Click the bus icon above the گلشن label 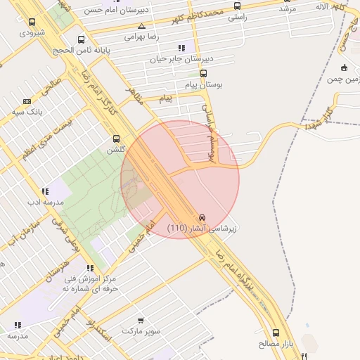click(x=117, y=139)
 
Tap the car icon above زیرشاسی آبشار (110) click(x=202, y=217)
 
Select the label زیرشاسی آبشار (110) click(x=202, y=229)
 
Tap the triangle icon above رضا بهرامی click(x=142, y=25)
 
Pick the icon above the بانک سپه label click(x=27, y=101)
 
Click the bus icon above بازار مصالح click(x=276, y=333)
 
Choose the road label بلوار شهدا click(x=318, y=115)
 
